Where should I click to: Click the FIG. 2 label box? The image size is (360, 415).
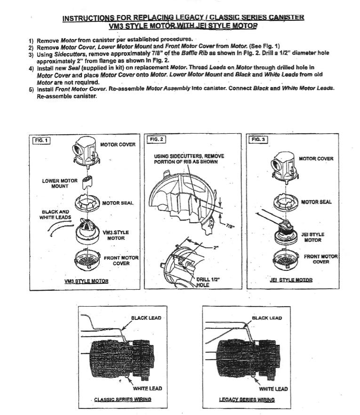(155, 139)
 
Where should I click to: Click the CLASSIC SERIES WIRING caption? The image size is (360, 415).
(122, 399)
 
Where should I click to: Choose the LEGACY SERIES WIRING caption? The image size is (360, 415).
(247, 399)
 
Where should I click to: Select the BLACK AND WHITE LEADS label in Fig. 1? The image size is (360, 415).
(56, 214)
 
